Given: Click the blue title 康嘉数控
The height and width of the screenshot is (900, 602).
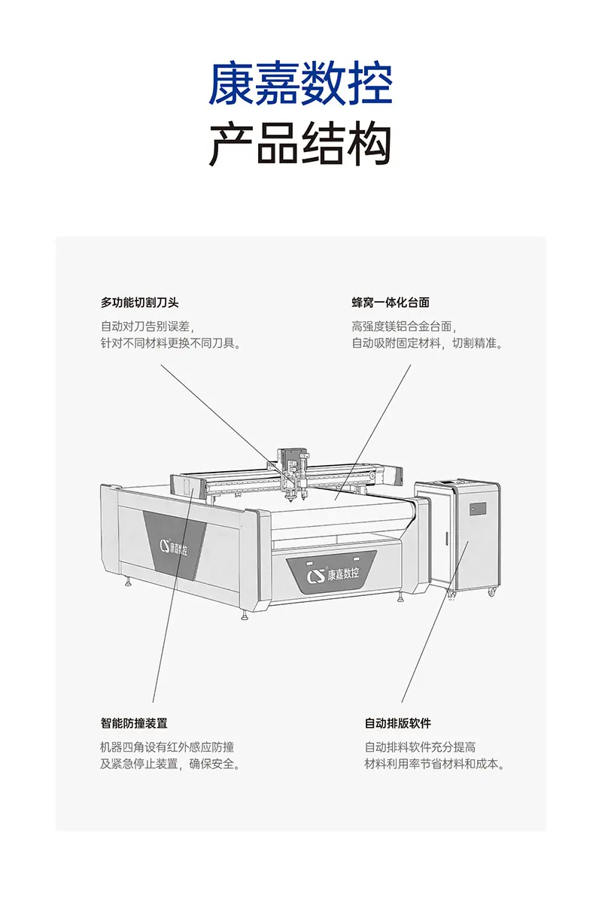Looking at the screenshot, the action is (300, 84).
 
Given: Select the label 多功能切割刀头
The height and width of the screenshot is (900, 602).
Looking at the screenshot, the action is (139, 303).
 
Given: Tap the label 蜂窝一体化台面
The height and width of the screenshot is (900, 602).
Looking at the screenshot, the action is (391, 303).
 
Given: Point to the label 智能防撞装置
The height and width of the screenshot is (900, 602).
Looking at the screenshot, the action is (134, 723).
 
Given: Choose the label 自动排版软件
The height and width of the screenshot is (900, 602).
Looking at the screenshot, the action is (398, 723).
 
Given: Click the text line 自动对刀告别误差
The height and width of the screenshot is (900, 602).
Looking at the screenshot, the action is (147, 327).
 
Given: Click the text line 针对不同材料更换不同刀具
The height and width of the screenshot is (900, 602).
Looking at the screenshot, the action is (171, 343).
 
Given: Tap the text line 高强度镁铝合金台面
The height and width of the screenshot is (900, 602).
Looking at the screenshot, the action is (404, 327).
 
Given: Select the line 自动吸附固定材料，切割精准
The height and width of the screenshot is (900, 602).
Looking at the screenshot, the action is (427, 343).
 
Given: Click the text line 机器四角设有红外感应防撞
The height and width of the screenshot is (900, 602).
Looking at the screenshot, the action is (167, 747).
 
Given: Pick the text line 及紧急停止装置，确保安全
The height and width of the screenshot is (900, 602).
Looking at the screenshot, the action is (170, 764).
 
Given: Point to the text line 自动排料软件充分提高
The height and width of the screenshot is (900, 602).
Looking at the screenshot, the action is (420, 747).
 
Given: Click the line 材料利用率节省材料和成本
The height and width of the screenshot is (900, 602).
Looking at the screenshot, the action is (434, 764).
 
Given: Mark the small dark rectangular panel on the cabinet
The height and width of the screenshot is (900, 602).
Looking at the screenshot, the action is (478, 508).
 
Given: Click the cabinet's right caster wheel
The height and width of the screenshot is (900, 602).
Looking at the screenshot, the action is (492, 591).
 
